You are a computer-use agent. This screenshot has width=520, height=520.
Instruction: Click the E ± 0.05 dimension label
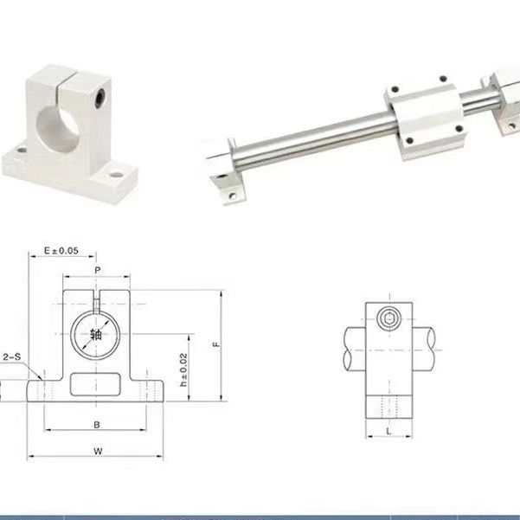61,250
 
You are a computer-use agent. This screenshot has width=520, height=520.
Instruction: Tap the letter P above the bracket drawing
97,270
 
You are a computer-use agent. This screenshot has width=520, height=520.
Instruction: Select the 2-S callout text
12,356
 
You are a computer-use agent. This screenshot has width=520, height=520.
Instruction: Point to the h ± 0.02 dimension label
183,369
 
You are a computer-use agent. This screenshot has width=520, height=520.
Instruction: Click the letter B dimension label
97,425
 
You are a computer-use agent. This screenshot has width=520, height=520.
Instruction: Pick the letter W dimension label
98,451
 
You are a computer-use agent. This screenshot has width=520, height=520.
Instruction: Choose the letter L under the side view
389,431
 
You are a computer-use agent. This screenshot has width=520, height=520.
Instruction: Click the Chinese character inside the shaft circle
96,335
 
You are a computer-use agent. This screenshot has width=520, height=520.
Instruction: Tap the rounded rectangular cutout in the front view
95,384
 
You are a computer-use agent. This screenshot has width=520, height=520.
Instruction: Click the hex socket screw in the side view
389,318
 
